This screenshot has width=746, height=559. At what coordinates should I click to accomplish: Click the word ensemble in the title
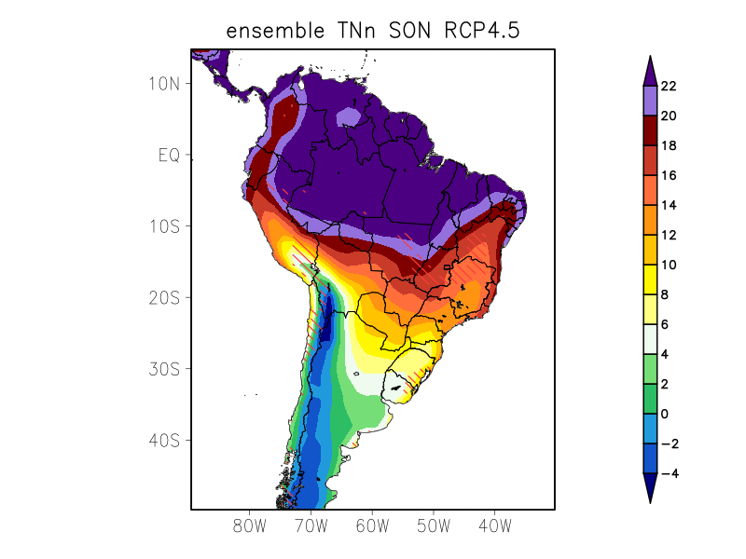coord(269,31)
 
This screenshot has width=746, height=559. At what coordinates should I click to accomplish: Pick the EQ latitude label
coord(168,155)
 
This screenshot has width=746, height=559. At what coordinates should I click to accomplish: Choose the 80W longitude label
coord(250,526)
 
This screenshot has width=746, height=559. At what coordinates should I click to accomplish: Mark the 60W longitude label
coord(372,526)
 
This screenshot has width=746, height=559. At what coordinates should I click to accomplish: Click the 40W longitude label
coord(494,526)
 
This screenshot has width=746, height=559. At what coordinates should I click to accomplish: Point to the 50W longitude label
coord(434,526)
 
